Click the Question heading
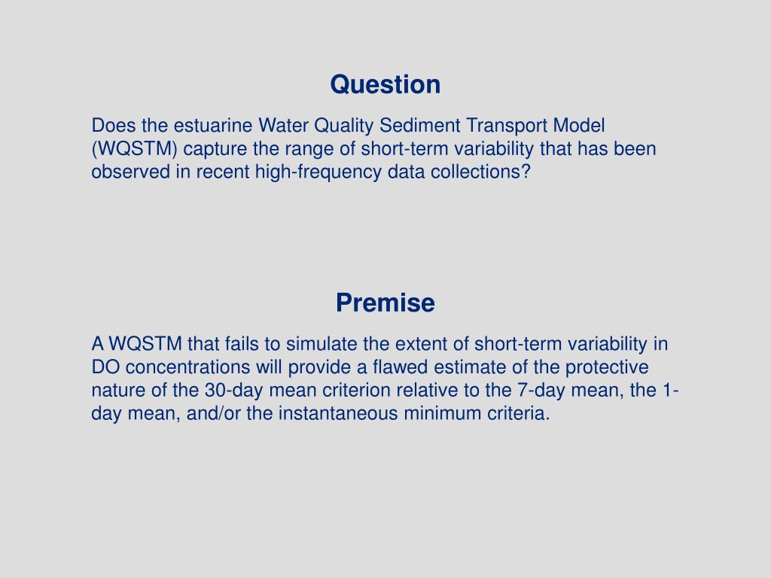(x=385, y=84)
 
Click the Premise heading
(x=385, y=303)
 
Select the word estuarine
(x=213, y=126)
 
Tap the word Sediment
(x=419, y=126)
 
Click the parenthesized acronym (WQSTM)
(x=134, y=149)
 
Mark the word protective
(x=607, y=367)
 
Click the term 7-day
(x=541, y=391)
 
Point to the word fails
(x=242, y=343)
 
